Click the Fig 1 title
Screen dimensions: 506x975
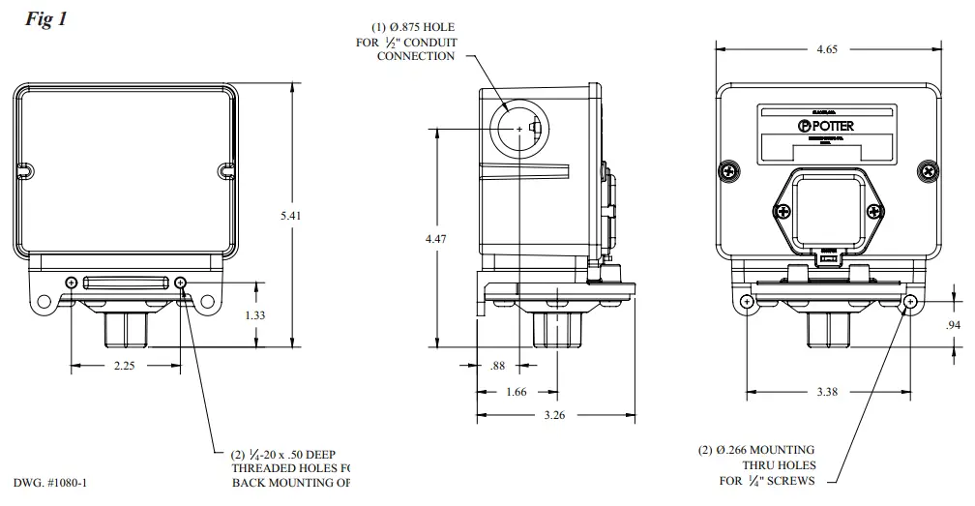pyautogui.click(x=45, y=19)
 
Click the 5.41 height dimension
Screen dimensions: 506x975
pyautogui.click(x=290, y=216)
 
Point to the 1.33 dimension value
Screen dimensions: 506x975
pyautogui.click(x=254, y=315)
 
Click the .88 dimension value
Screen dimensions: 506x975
pyautogui.click(x=499, y=365)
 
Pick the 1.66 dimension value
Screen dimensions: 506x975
pyautogui.click(x=517, y=392)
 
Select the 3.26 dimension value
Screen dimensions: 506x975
pyautogui.click(x=555, y=416)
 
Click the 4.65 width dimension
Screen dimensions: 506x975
pyautogui.click(x=828, y=49)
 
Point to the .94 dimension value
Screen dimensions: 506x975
pyautogui.click(x=954, y=325)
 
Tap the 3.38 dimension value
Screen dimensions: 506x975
pyautogui.click(x=828, y=392)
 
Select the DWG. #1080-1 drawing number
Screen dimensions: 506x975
pyautogui.click(x=55, y=482)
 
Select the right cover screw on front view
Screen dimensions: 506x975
pyautogui.click(x=929, y=171)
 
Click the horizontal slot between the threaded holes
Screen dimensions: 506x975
pyautogui.click(x=126, y=283)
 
